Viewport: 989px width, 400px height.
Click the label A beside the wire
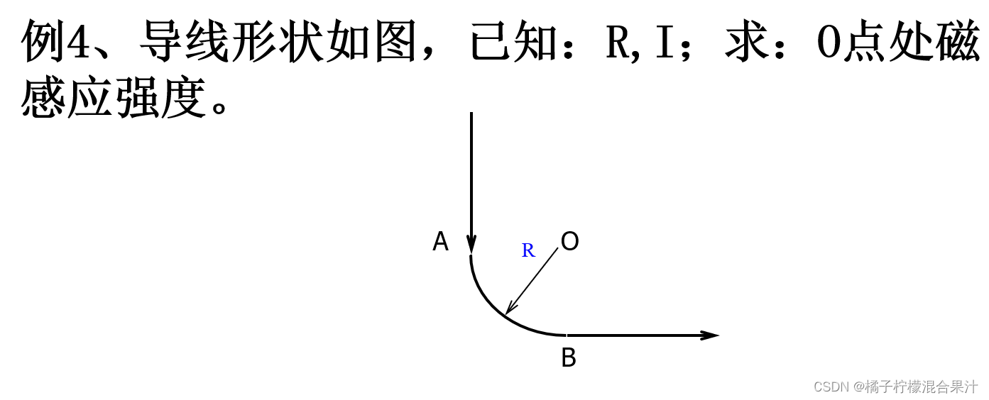coord(440,242)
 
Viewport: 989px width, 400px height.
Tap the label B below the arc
coord(568,358)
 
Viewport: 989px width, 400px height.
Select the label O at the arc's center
coord(569,242)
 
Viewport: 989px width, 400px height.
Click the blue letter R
coord(528,250)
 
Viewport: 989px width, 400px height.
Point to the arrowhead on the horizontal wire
coord(709,335)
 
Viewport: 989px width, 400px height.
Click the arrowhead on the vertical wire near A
coord(471,243)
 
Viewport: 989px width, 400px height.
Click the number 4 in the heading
coord(78,41)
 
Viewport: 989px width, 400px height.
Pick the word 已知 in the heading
coord(516,41)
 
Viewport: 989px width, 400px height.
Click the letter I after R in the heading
coord(664,41)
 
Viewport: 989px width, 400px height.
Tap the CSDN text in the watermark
coord(831,387)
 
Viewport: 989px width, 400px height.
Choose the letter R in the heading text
coord(618,41)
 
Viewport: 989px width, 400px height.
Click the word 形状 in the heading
coord(278,41)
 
